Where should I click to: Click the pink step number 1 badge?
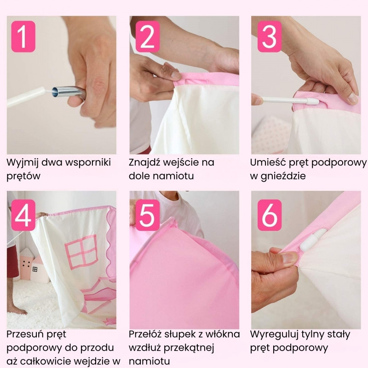(23, 36)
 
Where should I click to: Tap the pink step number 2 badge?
(148, 36)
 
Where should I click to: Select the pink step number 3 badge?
(270, 36)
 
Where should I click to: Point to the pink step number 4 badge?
(23, 215)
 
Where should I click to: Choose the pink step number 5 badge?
(148, 215)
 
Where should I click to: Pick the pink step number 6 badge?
(270, 215)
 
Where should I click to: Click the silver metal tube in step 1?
(68, 92)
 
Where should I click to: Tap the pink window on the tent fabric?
(81, 252)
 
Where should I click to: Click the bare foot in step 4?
(16, 310)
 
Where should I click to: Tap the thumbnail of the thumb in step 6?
(289, 258)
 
